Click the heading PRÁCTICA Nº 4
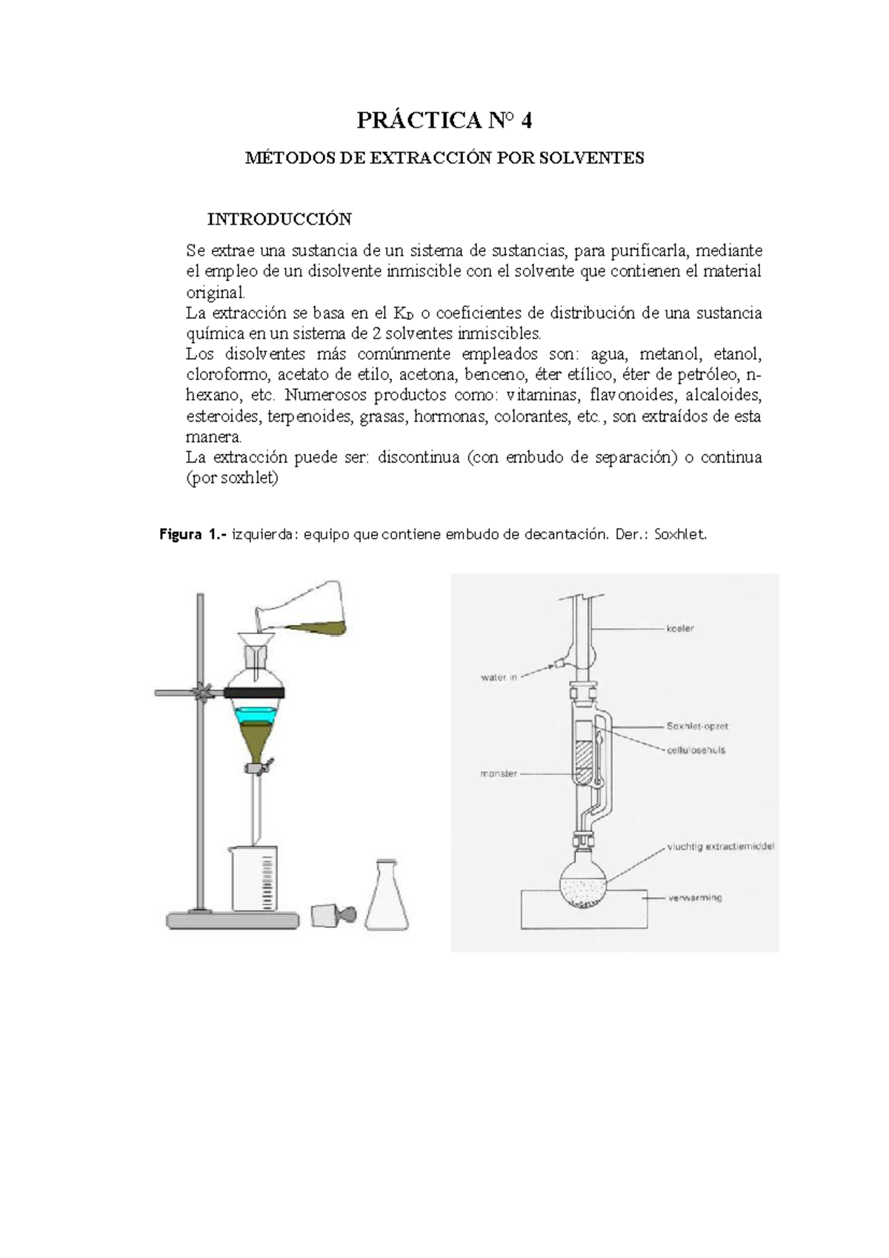(x=444, y=120)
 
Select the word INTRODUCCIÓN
(x=279, y=219)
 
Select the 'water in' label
(x=499, y=677)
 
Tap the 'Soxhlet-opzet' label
(x=697, y=726)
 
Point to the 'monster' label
(x=499, y=774)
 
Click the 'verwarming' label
(x=695, y=898)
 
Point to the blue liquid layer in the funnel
(x=256, y=716)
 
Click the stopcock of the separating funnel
(x=261, y=767)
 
